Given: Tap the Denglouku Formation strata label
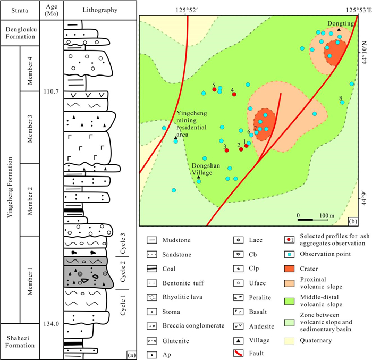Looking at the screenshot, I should click(20, 32).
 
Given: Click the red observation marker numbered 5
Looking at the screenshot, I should click(214, 90).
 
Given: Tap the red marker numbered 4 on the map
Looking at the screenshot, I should click(233, 95).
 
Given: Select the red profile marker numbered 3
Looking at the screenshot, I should click(226, 150).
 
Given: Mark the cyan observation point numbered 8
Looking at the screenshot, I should click(342, 102).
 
